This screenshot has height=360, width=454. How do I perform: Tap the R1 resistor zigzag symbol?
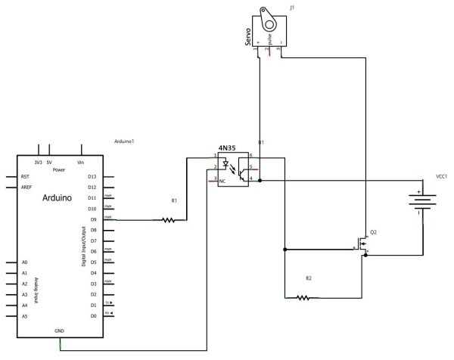[168, 220]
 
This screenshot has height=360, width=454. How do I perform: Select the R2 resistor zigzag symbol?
[302, 297]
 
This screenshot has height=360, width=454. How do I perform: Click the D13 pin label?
[93, 176]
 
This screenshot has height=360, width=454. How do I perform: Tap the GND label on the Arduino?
[59, 330]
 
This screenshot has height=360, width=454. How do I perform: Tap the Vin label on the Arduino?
[80, 161]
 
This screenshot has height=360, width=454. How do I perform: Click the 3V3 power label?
[38, 161]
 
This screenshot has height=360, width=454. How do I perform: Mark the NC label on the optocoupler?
[223, 182]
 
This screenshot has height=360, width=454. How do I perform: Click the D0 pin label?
[94, 316]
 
